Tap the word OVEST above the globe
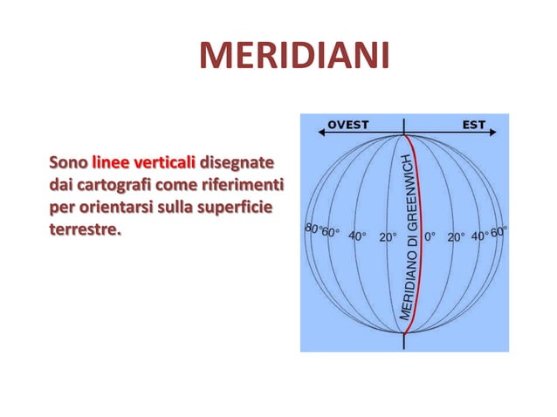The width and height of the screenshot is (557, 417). click(347, 125)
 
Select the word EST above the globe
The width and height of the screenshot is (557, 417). click(474, 125)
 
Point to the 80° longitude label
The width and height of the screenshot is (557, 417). click(311, 229)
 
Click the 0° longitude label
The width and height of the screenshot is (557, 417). click(430, 236)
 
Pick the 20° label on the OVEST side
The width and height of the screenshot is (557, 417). click(389, 236)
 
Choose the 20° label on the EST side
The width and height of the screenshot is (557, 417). click(457, 236)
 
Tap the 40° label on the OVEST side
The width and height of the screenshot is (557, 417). click(358, 236)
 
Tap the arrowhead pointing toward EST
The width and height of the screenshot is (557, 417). click(495, 133)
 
